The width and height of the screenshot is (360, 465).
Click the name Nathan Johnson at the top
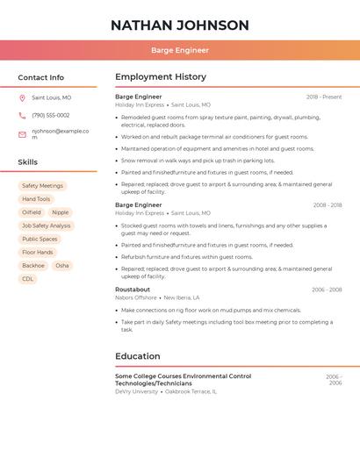click(x=179, y=25)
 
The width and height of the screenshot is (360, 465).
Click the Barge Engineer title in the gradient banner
click(x=179, y=51)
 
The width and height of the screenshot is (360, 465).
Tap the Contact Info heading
click(x=40, y=77)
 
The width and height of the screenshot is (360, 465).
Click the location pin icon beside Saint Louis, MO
click(x=22, y=98)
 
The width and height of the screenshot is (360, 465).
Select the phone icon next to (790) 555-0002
click(x=22, y=115)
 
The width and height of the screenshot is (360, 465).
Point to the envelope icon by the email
click(x=22, y=134)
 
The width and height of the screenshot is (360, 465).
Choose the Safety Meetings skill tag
click(x=42, y=186)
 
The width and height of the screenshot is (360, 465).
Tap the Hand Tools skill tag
click(x=36, y=199)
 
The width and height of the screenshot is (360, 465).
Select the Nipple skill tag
click(x=60, y=212)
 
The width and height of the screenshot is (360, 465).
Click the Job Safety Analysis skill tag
click(x=47, y=225)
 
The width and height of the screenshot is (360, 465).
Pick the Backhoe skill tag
click(x=33, y=265)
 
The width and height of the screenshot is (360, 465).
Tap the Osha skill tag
click(x=62, y=265)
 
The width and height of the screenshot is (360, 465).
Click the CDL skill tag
click(x=28, y=279)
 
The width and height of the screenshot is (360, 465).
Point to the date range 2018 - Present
click(x=324, y=97)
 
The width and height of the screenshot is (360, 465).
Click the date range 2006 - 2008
click(x=327, y=290)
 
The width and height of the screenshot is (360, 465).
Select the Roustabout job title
click(x=133, y=290)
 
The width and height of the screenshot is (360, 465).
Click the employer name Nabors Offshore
click(x=134, y=297)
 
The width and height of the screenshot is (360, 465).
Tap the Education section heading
click(x=138, y=356)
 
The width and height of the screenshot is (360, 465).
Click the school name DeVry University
click(x=136, y=391)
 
